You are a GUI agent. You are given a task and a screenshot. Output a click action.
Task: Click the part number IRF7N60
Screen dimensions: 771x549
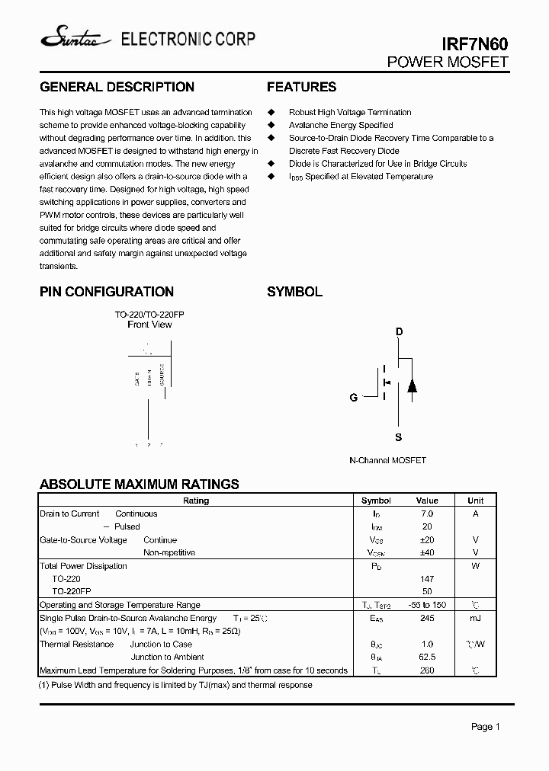(x=476, y=45)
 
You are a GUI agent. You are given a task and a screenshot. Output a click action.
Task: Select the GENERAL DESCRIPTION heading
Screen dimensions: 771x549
(x=117, y=87)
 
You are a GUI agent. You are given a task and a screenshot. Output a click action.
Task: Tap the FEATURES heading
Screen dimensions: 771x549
(x=301, y=87)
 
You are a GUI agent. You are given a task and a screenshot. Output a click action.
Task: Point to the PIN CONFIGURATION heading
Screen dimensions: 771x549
(x=107, y=292)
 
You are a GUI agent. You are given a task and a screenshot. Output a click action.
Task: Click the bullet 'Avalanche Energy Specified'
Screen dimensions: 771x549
(x=341, y=125)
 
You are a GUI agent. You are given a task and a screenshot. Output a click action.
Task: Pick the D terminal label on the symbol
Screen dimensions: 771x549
(x=399, y=332)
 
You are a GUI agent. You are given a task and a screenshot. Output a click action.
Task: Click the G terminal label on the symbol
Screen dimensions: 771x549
(x=353, y=398)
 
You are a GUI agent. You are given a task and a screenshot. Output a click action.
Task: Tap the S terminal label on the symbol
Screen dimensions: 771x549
(x=399, y=437)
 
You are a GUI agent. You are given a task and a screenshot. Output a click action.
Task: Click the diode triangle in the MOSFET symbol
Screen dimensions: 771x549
(x=412, y=385)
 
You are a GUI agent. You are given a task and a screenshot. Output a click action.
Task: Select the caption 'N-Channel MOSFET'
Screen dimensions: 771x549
(x=387, y=460)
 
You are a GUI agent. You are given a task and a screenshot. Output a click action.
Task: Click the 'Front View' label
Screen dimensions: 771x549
(x=149, y=325)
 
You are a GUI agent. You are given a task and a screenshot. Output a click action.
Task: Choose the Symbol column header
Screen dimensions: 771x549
(x=376, y=501)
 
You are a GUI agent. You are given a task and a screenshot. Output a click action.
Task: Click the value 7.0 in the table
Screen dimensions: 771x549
(x=427, y=513)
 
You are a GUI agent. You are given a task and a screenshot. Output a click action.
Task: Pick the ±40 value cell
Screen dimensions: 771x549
(x=427, y=552)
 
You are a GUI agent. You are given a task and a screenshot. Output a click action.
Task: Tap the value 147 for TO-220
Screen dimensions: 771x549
(x=427, y=579)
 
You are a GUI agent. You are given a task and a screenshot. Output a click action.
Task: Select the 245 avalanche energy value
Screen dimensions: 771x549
(x=427, y=618)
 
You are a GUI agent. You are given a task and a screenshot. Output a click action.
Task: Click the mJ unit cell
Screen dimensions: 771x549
(x=475, y=618)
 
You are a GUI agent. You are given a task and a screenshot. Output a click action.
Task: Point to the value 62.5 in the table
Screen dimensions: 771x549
(x=427, y=657)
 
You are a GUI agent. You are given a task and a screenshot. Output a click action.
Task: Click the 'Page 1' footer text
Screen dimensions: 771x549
(x=485, y=727)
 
